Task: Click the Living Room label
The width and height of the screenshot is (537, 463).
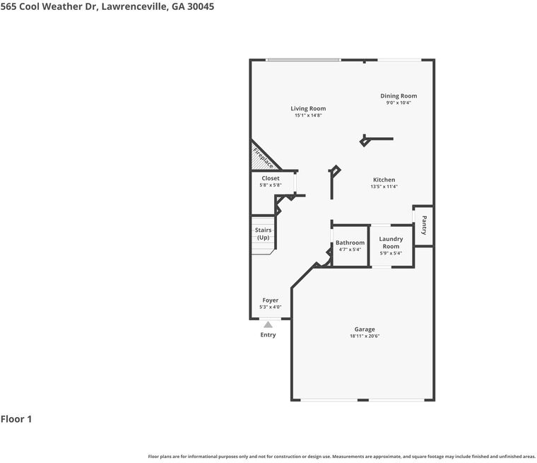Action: [308, 109]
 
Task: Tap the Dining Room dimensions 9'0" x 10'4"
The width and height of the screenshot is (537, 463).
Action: [399, 102]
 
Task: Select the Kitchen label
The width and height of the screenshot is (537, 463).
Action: [384, 180]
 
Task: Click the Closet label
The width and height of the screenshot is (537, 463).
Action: [271, 178]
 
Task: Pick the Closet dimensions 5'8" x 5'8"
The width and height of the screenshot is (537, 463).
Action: [271, 185]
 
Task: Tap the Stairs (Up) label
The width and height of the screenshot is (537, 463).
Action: [263, 234]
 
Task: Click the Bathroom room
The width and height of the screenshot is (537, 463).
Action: [350, 245]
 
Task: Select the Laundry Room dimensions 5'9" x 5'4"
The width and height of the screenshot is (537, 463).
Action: [391, 253]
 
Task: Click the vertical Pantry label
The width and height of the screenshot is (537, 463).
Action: [424, 225]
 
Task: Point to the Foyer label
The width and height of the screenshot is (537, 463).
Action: [270, 300]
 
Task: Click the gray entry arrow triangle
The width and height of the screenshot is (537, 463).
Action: [268, 324]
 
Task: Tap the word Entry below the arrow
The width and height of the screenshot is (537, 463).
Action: [268, 335]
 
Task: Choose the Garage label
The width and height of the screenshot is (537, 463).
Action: [365, 329]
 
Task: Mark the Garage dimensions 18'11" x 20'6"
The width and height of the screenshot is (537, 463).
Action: [365, 336]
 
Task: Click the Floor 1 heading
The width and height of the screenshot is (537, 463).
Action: [16, 418]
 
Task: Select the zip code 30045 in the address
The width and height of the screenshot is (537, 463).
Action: [201, 6]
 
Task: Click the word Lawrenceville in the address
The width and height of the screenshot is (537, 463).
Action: [134, 6]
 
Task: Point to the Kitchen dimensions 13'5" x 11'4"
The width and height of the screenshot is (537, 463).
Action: [384, 187]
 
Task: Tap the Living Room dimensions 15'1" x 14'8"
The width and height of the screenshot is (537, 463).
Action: [308, 115]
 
